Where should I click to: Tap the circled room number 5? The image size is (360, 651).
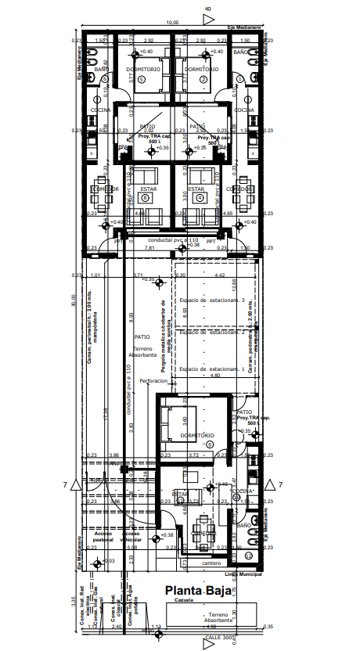coord(141,79)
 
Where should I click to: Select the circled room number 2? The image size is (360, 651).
coord(203,79)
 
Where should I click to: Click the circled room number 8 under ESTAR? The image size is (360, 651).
coord(145,198)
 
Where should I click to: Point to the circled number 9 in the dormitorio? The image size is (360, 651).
coord(209,444)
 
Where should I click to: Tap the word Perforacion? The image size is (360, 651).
coord(153,381)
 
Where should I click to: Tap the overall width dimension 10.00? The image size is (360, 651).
coord(172,23)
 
